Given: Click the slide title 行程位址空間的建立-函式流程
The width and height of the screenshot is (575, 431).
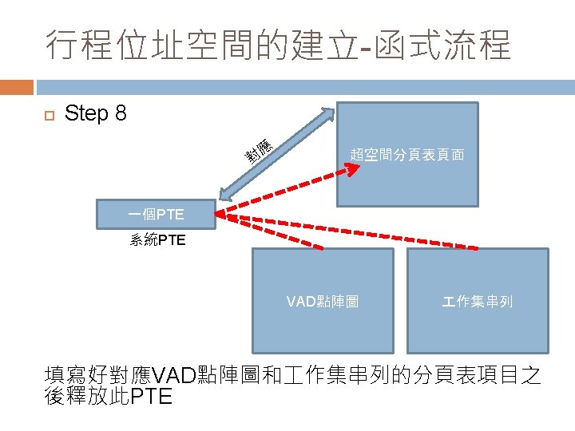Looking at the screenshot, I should [278, 45].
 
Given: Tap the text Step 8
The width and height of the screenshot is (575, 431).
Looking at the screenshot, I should [95, 113].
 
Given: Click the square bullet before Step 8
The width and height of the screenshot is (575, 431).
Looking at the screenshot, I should [47, 115].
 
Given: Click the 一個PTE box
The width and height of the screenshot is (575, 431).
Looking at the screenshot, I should [156, 214].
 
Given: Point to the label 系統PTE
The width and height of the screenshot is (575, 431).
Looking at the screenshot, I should [157, 239].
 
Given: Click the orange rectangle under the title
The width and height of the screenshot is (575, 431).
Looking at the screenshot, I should [17, 86].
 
